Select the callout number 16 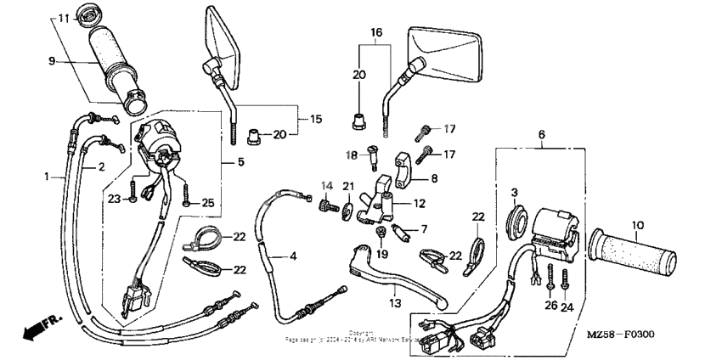(x=376, y=32)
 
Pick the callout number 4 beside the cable (x=294, y=256)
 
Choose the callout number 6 (x=540, y=134)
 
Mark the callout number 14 (x=325, y=185)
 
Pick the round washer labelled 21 (x=348, y=209)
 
